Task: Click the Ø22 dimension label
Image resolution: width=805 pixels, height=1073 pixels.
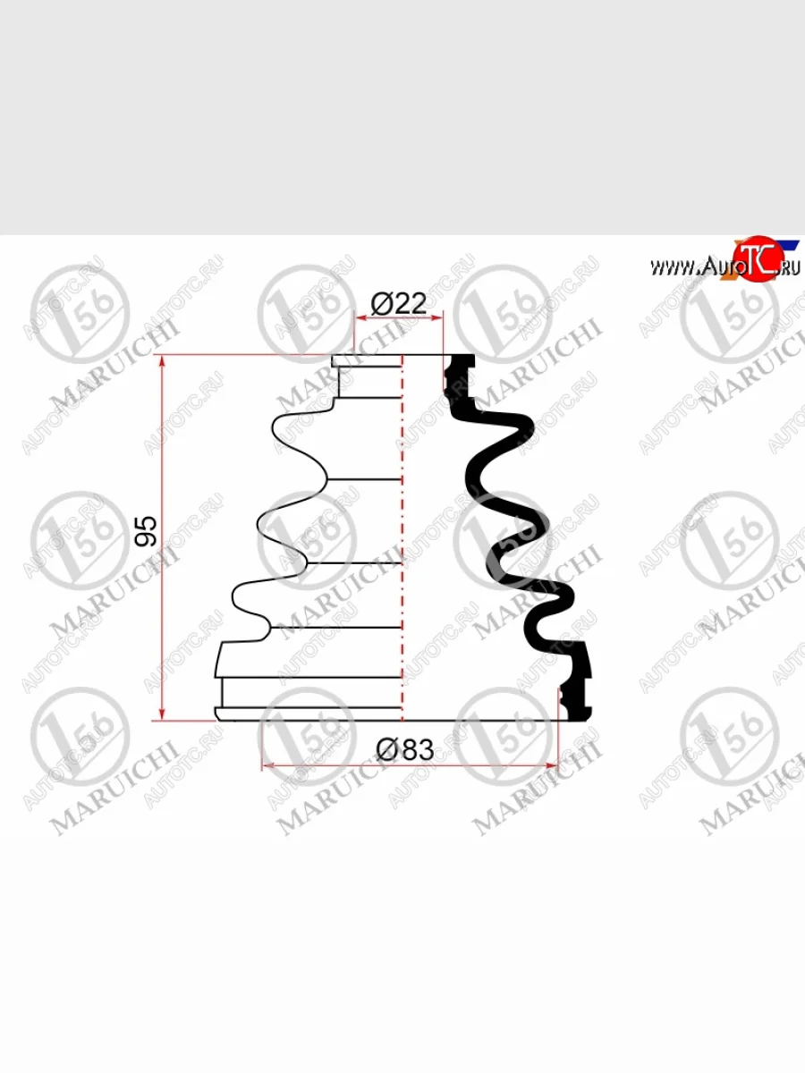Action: click(x=399, y=304)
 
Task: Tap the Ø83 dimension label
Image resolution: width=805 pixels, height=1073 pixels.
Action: click(x=404, y=749)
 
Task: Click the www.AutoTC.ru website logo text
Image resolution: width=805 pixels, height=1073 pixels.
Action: click(x=724, y=266)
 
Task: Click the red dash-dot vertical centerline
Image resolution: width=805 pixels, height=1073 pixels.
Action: click(x=403, y=536)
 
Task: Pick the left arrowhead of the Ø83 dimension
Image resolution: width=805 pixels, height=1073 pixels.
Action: click(x=267, y=765)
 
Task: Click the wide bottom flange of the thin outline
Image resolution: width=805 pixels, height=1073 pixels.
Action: click(x=309, y=713)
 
